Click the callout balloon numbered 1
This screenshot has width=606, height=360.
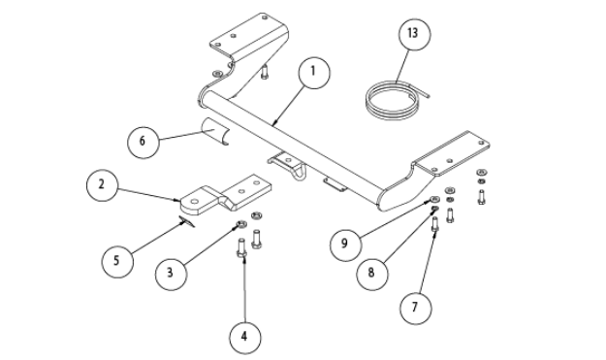314,73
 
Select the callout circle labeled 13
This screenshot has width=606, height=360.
414,34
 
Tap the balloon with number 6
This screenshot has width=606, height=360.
143,142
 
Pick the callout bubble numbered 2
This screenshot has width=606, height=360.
102,184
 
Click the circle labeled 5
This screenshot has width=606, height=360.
117,261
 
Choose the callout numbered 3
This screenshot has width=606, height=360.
171,274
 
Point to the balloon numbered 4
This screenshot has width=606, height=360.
244,338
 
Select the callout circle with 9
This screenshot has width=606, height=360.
345,245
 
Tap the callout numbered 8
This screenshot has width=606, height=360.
371,274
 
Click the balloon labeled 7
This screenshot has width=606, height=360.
415,308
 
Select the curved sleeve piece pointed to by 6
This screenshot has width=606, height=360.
215,131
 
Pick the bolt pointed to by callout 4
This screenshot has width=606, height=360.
241,248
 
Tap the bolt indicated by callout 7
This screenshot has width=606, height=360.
434,225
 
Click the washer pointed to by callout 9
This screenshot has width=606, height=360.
434,200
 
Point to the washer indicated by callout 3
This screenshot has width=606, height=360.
241,224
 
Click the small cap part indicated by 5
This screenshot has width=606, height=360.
187,221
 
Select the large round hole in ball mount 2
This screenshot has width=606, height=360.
195,201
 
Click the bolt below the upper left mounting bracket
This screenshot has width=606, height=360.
265,73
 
